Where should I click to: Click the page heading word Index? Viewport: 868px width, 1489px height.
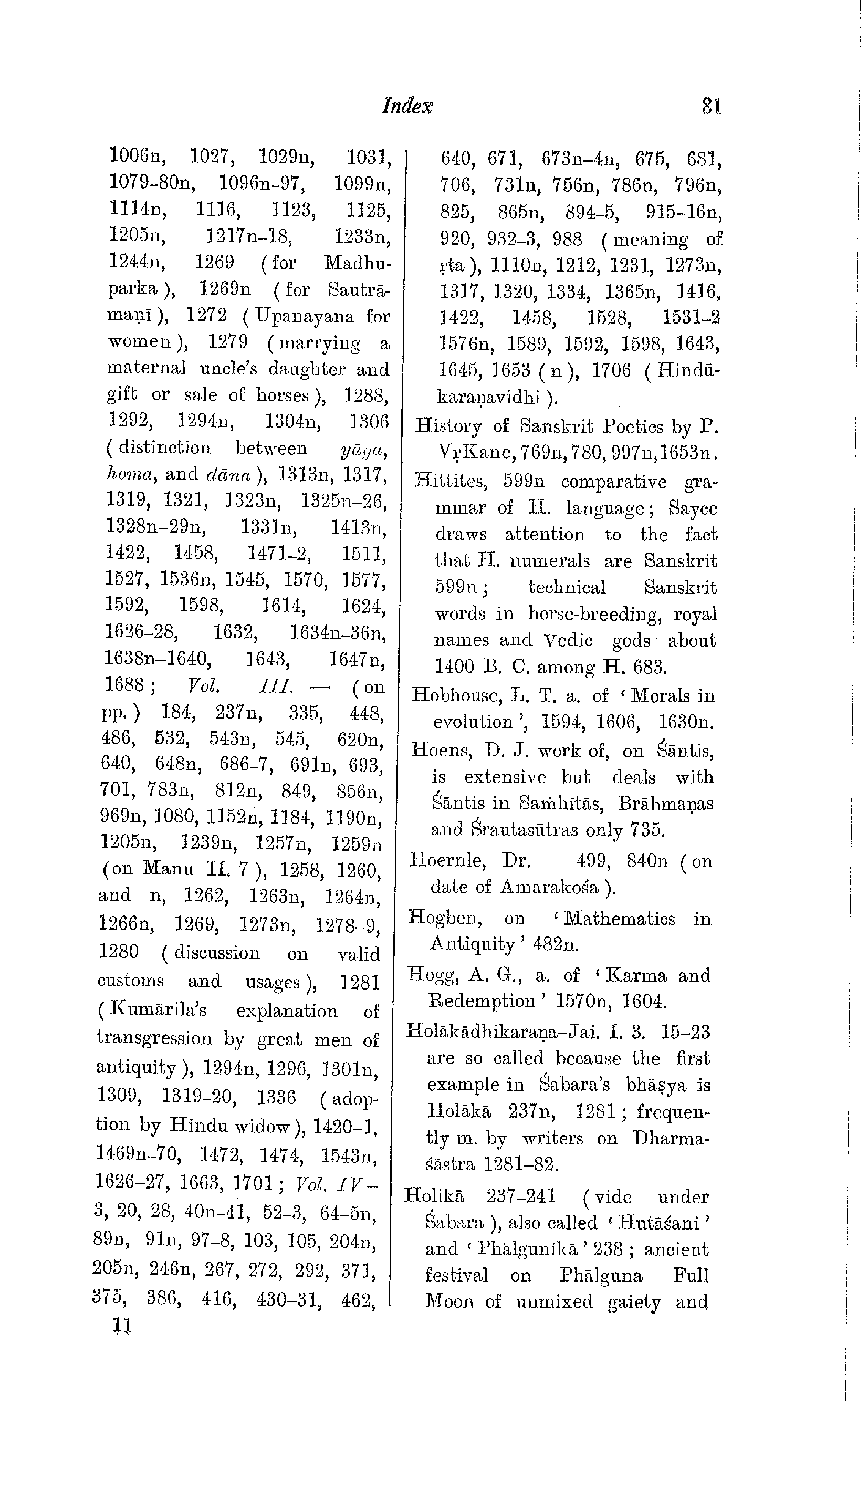pyautogui.click(x=407, y=106)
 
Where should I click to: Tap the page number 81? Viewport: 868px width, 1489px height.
pyautogui.click(x=712, y=106)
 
